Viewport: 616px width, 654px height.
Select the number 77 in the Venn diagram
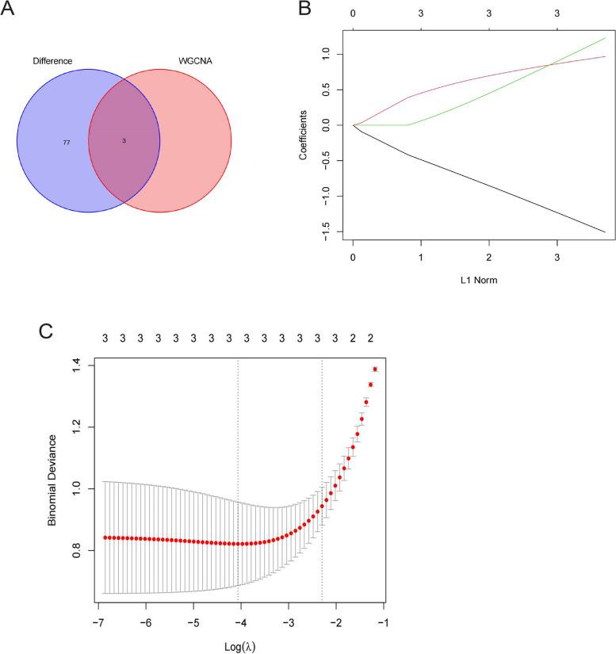pos(67,142)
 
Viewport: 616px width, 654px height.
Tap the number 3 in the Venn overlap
pos(124,140)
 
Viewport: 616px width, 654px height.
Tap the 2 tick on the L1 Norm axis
pos(489,258)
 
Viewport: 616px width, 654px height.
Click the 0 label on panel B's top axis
pos(353,13)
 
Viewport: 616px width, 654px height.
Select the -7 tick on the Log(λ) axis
pos(97,619)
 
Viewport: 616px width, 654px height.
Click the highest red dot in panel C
pos(375,369)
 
